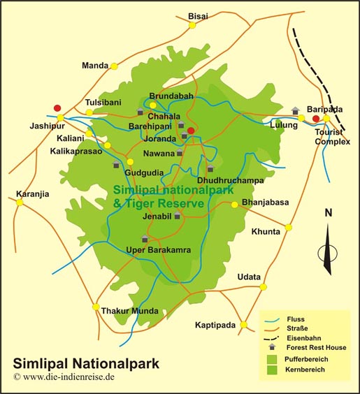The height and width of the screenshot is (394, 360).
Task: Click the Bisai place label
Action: click(199, 15)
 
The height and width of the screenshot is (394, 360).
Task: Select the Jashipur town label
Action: click(46, 128)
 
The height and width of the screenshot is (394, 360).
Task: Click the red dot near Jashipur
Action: click(57, 108)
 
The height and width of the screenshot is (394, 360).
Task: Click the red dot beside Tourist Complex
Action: click(316, 119)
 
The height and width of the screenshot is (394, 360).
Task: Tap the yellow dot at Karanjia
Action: click(20, 202)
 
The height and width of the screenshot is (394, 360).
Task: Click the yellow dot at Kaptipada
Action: click(243, 325)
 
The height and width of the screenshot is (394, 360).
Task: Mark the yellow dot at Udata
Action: click(264, 286)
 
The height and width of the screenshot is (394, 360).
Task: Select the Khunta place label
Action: click(265, 230)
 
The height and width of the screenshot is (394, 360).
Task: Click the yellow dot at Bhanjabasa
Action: click(235, 205)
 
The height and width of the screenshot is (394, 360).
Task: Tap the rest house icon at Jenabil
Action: click(178, 216)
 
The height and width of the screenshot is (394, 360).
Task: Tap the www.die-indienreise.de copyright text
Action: click(64, 377)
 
